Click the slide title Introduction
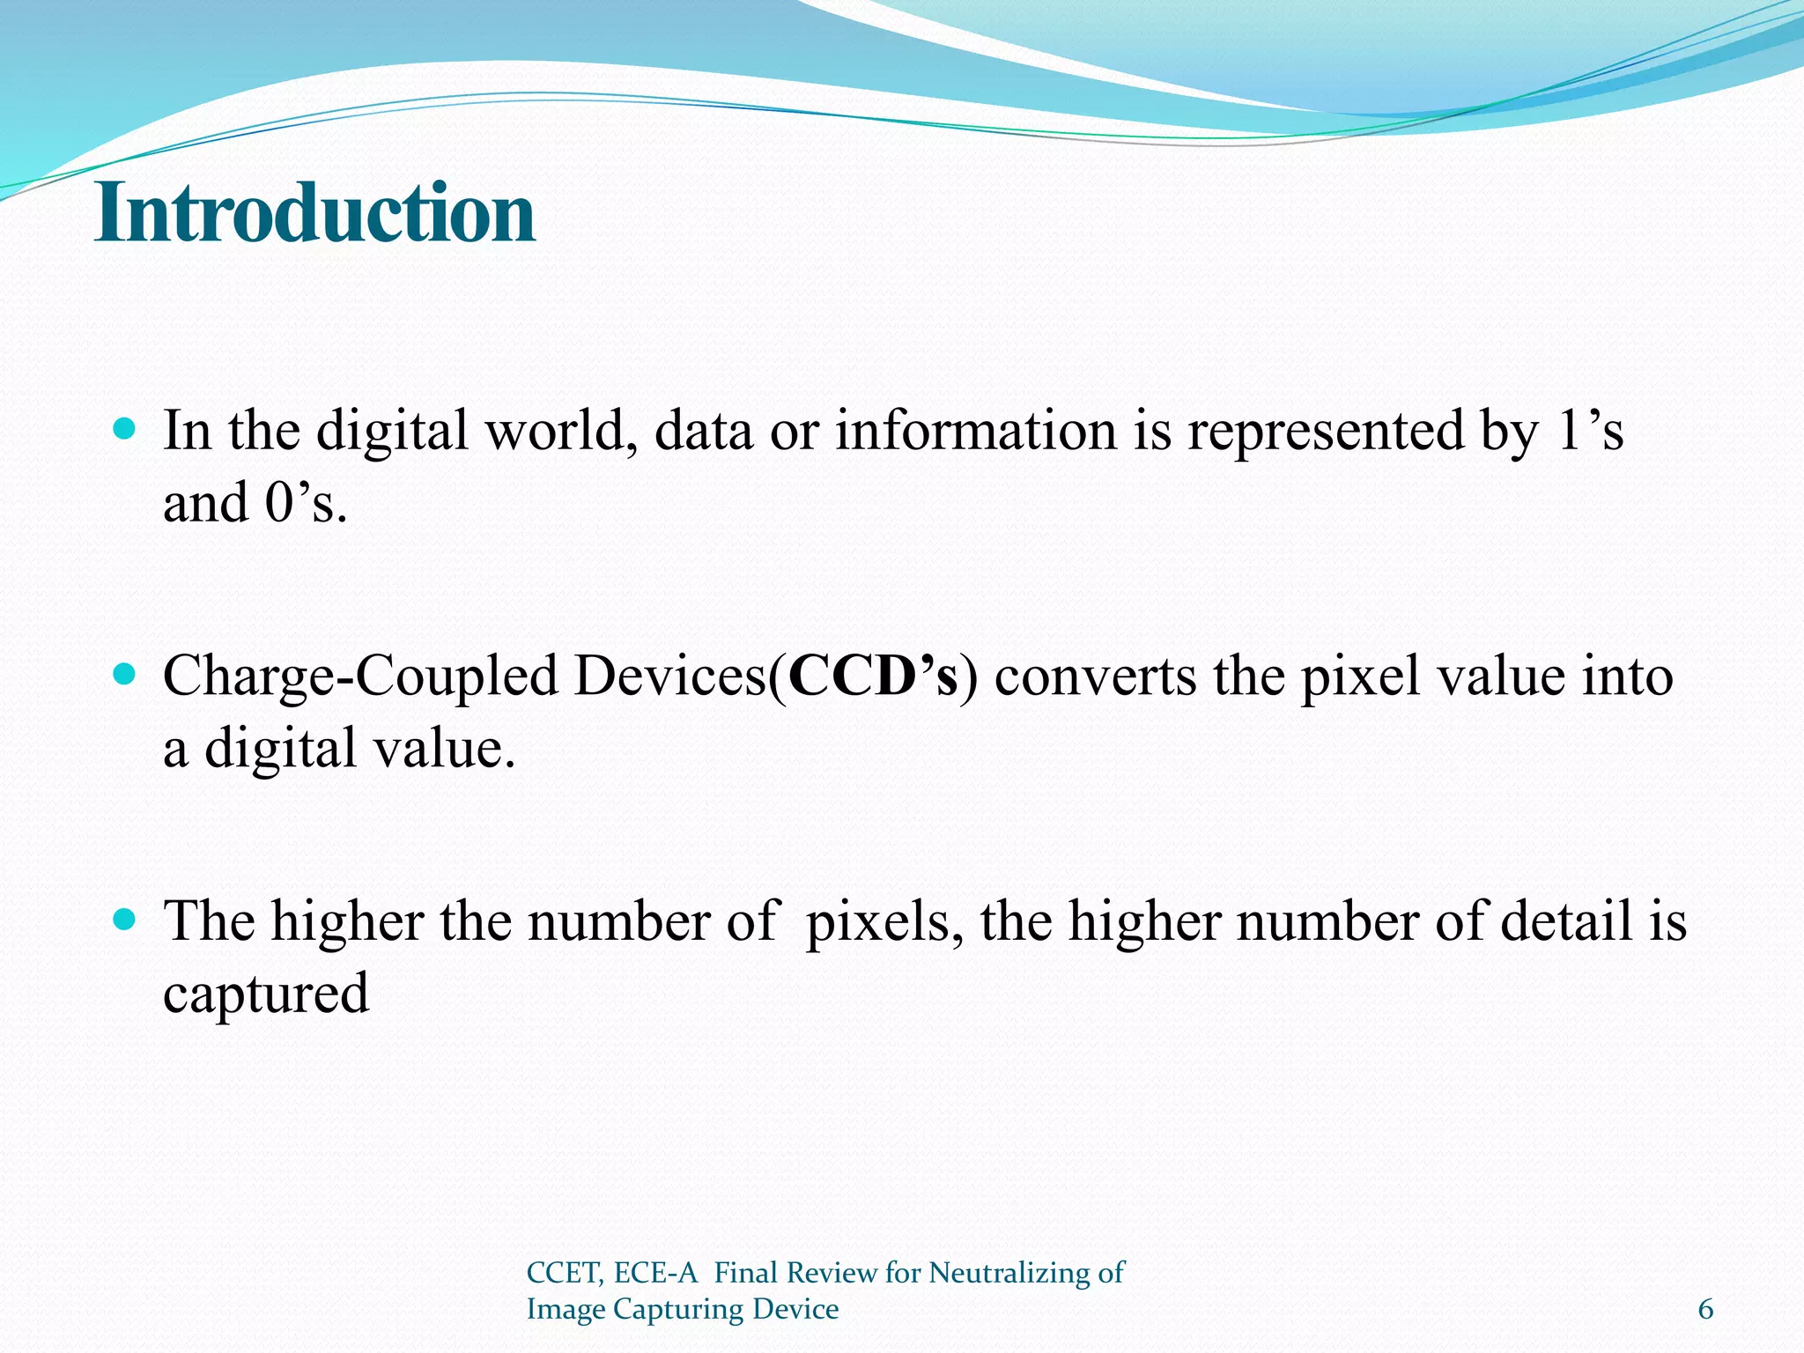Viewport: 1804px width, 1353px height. pos(314,213)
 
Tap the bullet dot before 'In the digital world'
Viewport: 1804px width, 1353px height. pos(126,430)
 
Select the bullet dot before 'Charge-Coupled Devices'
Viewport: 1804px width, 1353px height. pos(126,675)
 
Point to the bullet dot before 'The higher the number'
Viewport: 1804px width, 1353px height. pos(126,920)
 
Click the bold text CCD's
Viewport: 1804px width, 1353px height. pos(873,676)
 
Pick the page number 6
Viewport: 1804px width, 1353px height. pos(1705,1310)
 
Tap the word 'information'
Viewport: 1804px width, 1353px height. pos(976,432)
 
